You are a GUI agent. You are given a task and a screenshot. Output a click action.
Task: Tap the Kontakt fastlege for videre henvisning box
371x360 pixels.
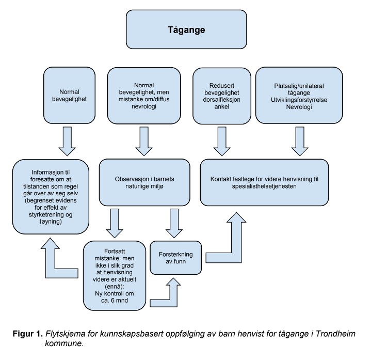(264, 182)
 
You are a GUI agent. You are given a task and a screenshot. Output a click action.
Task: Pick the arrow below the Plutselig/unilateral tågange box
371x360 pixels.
(299, 141)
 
